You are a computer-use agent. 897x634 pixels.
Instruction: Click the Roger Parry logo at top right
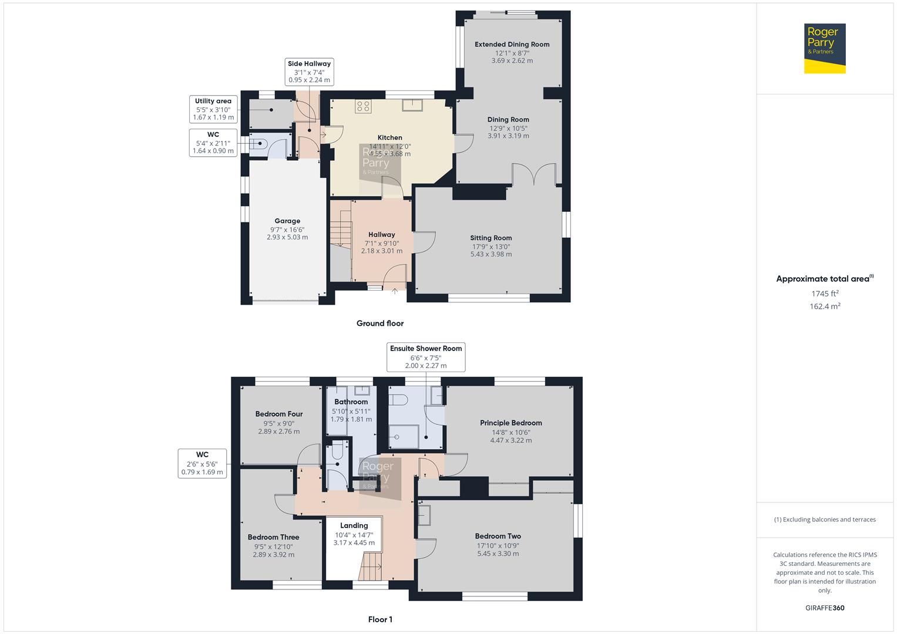pyautogui.click(x=825, y=48)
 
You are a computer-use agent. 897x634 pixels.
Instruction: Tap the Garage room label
pyautogui.click(x=287, y=221)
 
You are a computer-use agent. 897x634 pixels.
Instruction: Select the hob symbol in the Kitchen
pyautogui.click(x=363, y=106)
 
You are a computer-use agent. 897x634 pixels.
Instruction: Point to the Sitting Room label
pyautogui.click(x=491, y=238)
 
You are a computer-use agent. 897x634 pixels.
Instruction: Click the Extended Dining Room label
pyautogui.click(x=512, y=44)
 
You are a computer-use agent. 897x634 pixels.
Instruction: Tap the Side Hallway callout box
pyautogui.click(x=309, y=72)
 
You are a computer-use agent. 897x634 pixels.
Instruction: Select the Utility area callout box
pyautogui.click(x=213, y=109)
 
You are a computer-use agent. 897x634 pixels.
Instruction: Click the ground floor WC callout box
pyautogui.click(x=213, y=143)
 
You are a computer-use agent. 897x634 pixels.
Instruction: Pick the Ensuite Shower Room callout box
pyautogui.click(x=426, y=357)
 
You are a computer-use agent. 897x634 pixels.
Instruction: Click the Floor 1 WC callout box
pyautogui.click(x=202, y=463)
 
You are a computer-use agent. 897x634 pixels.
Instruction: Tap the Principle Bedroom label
pyautogui.click(x=510, y=423)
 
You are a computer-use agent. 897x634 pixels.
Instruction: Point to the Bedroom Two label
pyautogui.click(x=498, y=536)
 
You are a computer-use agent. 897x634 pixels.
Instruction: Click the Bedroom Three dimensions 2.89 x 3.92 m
pyautogui.click(x=273, y=555)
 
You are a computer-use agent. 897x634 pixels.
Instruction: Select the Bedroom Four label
pyautogui.click(x=278, y=414)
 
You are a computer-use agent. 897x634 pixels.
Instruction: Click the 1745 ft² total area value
pyautogui.click(x=825, y=294)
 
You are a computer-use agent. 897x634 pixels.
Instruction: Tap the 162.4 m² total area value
pyautogui.click(x=825, y=306)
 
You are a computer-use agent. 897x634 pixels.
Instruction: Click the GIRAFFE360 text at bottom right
pyautogui.click(x=825, y=608)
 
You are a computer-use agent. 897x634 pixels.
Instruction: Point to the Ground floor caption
pyautogui.click(x=380, y=323)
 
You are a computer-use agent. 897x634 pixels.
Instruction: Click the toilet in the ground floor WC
pyautogui.click(x=258, y=143)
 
